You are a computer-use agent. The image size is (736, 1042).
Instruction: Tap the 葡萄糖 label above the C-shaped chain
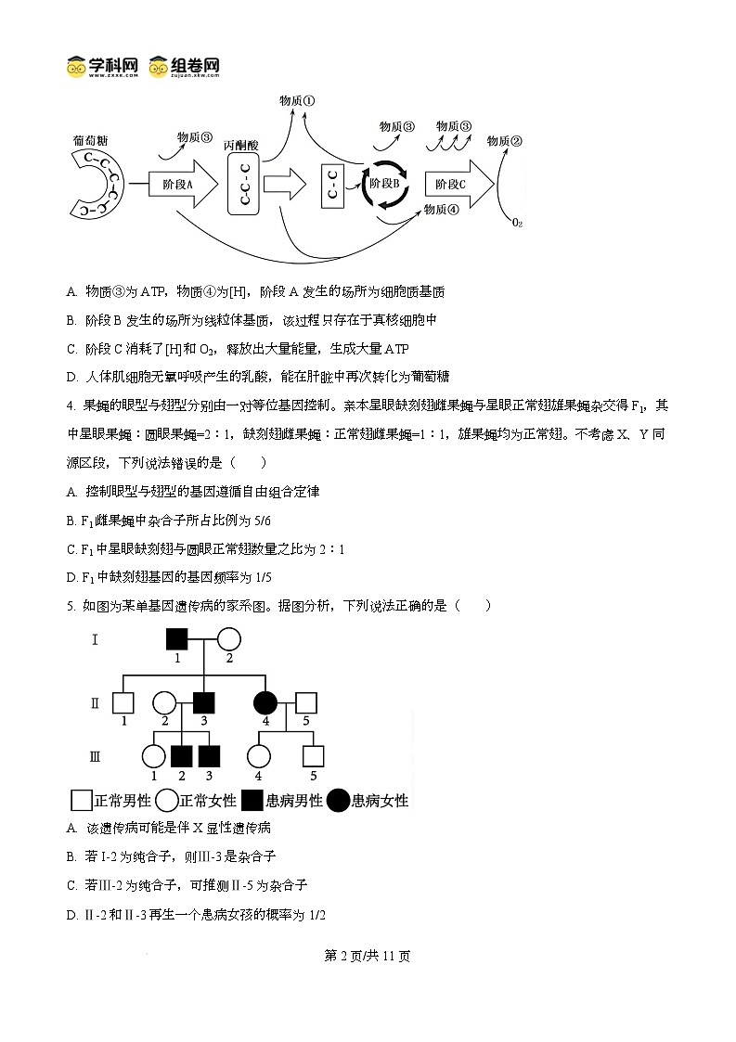point(90,140)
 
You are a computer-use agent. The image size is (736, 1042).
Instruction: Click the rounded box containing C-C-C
point(243,184)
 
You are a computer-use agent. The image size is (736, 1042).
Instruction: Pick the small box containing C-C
point(333,185)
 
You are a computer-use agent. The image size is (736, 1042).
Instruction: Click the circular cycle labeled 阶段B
point(384,184)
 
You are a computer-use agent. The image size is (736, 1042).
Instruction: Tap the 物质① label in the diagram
point(297,100)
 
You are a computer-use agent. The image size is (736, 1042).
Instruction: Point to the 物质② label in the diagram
point(504,141)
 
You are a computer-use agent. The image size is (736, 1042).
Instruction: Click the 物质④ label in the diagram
point(440,210)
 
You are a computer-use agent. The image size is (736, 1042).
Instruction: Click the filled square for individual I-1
point(177,639)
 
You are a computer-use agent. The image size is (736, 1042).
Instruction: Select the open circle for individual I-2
point(228,639)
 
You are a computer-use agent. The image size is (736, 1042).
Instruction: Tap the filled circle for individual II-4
point(266,703)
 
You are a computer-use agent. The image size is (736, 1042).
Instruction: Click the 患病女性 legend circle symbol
point(338,800)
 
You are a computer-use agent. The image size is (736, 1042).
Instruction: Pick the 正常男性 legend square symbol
point(82,800)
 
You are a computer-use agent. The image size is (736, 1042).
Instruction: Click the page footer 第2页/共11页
point(368,957)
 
